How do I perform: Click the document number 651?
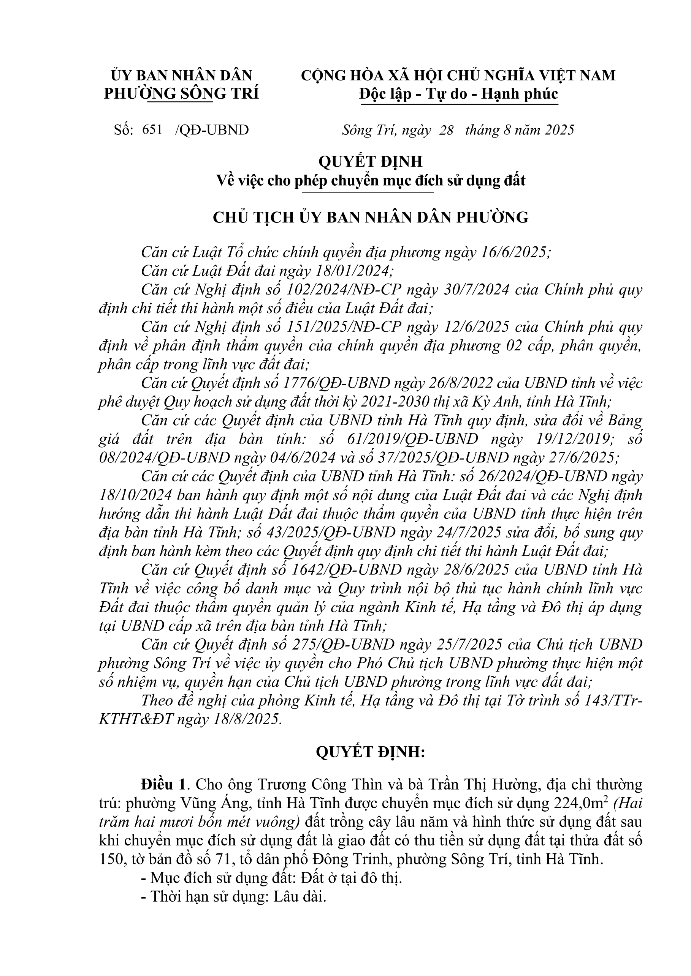[152, 130]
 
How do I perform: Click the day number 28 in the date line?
[446, 130]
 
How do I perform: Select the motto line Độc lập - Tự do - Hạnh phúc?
[458, 94]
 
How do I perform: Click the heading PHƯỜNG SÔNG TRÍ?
[181, 94]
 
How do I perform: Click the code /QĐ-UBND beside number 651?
[211, 130]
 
